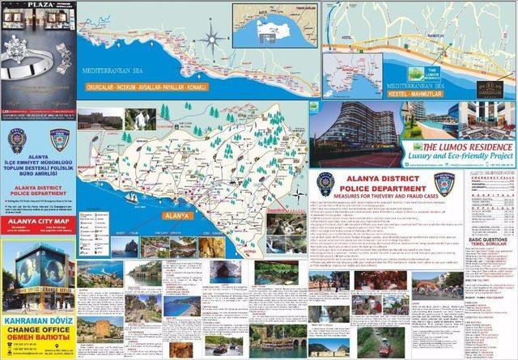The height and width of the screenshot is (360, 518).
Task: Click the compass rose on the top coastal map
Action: pyautogui.click(x=212, y=36)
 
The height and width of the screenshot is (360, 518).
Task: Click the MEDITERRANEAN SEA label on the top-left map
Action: pyautogui.click(x=113, y=71)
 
